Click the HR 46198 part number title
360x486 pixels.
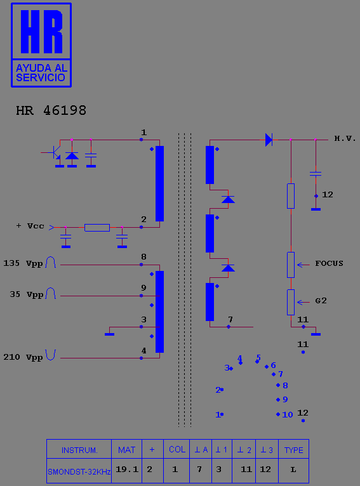coord(51,110)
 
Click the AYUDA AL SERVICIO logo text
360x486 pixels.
coord(41,73)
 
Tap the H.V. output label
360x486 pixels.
coord(345,138)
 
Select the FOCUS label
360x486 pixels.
coord(329,263)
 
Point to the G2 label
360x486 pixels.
coord(321,301)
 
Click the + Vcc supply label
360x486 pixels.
coord(30,226)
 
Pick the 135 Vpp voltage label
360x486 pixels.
coord(23,263)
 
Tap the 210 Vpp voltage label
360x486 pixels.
coord(23,357)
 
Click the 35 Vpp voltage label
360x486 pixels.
coord(27,294)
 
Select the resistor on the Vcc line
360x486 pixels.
coord(97,228)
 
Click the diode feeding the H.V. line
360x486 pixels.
coord(269,140)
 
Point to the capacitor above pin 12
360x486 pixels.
coord(316,174)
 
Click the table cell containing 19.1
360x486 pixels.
coord(127,470)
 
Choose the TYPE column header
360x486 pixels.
coord(293,450)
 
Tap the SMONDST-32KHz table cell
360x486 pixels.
coord(79,472)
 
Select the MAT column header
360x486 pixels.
coord(126,450)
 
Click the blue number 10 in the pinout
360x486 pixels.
coord(288,415)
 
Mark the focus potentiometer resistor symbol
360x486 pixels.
coord(291,265)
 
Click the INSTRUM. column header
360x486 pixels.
coord(79,450)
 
